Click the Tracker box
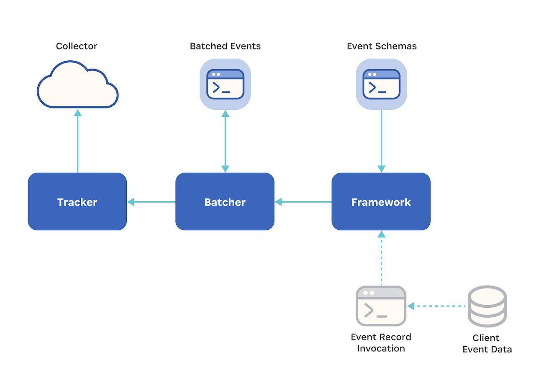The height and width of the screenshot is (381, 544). (x=77, y=202)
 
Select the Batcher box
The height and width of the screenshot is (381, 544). (x=225, y=202)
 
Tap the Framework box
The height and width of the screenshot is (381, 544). (x=381, y=202)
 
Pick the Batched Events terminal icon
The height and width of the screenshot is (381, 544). (x=225, y=84)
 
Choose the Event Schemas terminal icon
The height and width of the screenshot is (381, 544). (x=381, y=84)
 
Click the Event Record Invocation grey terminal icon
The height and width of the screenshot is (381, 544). (x=381, y=306)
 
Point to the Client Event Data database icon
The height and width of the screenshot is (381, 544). (x=487, y=306)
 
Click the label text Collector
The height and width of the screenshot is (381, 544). (x=77, y=46)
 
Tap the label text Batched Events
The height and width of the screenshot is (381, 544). (x=225, y=46)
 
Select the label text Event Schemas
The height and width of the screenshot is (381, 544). (x=382, y=46)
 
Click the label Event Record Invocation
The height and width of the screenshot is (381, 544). (x=381, y=342)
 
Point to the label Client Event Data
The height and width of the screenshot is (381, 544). (x=487, y=343)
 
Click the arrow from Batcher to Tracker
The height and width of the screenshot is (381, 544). (x=151, y=202)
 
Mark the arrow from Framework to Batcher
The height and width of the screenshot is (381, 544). (x=303, y=202)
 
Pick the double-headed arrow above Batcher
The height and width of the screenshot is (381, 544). (x=225, y=141)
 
